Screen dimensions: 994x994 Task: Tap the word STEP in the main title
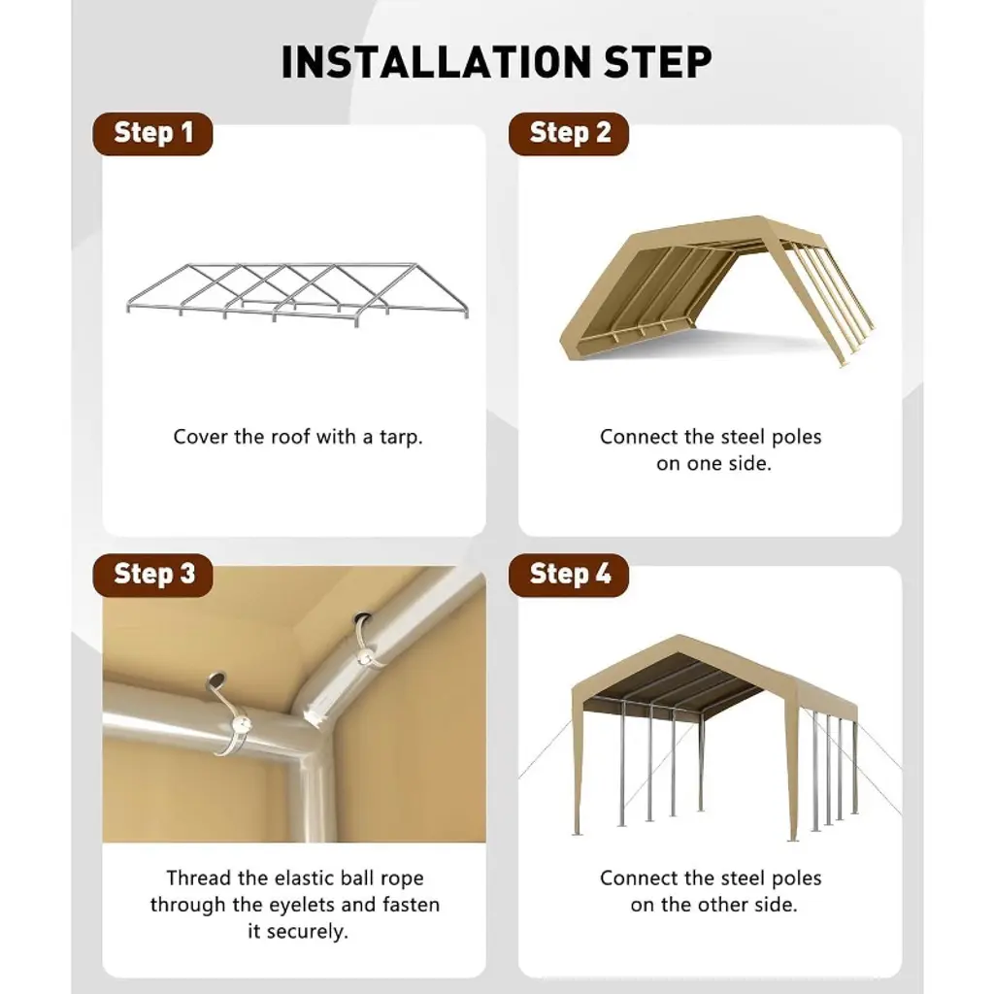[x=657, y=62]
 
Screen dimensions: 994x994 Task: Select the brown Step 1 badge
[x=152, y=134]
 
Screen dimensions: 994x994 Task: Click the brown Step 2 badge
[x=569, y=134]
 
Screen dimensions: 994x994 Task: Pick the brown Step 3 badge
[x=152, y=575]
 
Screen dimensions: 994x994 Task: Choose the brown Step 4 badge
[x=569, y=575]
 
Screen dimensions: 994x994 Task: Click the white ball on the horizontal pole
[x=241, y=724]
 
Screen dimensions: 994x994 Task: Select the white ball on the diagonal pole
[x=365, y=656]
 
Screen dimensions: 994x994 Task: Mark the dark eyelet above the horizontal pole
[x=216, y=679]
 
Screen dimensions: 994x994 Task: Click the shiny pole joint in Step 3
[x=314, y=721]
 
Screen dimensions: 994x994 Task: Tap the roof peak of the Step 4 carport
[x=680, y=637]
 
